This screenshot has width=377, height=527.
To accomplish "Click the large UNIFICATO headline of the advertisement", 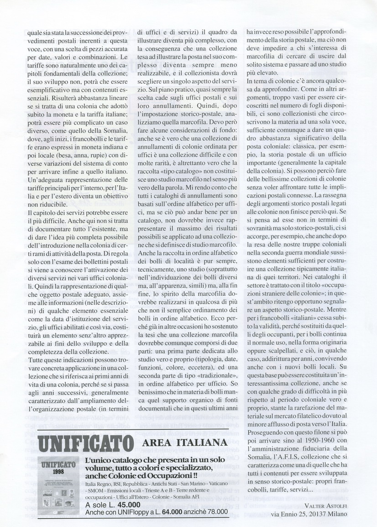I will tap(85, 443).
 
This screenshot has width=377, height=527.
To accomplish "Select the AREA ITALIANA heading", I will tap(185, 443).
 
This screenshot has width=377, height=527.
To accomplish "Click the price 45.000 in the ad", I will tap(126, 505).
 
